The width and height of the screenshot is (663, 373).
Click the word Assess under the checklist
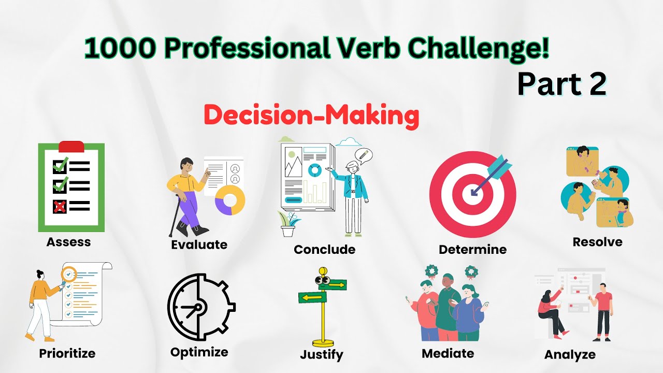(x=68, y=242)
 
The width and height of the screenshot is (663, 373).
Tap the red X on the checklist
(x=60, y=206)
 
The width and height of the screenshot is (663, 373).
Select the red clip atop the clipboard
(x=71, y=146)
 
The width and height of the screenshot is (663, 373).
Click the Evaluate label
(x=199, y=245)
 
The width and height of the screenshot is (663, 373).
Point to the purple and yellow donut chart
(x=230, y=199)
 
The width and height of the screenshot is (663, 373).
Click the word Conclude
(x=324, y=249)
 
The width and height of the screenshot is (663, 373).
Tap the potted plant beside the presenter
(x=289, y=224)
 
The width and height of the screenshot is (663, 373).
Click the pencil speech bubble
(x=364, y=155)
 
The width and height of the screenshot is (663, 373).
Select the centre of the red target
(x=472, y=191)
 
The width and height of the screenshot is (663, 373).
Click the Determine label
(x=472, y=249)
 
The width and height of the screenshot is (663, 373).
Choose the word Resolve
(x=597, y=242)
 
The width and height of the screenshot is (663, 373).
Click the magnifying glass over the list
(x=69, y=273)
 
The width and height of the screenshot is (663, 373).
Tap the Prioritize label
(x=67, y=354)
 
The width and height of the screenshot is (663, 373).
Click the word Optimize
(x=199, y=352)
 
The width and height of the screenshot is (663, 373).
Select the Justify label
(x=321, y=354)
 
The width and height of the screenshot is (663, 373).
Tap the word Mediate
(x=448, y=353)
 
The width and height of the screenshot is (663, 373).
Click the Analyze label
(x=570, y=355)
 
